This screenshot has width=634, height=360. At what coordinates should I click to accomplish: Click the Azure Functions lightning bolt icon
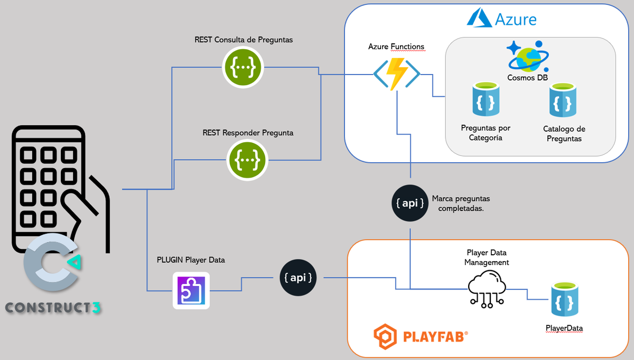(397, 73)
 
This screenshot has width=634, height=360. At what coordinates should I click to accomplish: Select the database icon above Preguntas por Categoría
(486, 99)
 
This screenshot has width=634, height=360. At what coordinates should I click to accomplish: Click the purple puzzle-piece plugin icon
(191, 290)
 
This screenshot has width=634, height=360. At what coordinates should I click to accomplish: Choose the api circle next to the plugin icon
(298, 277)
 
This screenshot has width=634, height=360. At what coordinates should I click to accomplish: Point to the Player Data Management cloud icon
(487, 289)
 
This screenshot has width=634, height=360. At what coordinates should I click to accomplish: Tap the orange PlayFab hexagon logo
(385, 336)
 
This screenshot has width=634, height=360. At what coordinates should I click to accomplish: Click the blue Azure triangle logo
(479, 19)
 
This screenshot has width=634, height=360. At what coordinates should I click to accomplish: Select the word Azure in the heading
(516, 20)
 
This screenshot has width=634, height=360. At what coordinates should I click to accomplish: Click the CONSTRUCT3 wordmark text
(53, 307)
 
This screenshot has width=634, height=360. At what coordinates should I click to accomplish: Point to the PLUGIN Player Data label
(191, 260)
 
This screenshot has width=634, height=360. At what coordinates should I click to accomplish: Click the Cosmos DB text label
(527, 78)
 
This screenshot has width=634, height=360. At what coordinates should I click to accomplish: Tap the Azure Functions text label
(396, 47)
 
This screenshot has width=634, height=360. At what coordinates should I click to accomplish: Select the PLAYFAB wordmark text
(435, 337)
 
